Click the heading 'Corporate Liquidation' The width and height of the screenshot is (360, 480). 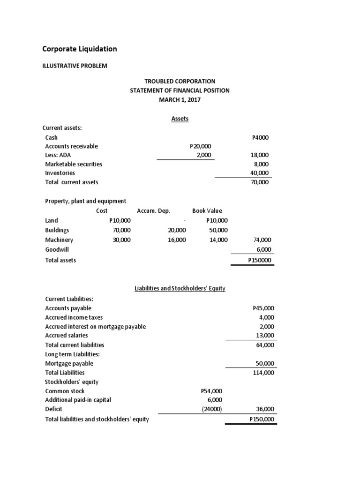(80, 49)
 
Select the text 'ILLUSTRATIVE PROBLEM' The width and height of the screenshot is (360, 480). (75, 66)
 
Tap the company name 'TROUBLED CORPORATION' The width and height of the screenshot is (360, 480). (180, 81)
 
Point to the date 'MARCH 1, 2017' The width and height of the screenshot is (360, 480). (180, 99)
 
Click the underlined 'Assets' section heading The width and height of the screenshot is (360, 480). (180, 119)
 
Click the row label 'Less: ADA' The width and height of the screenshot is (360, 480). (58, 155)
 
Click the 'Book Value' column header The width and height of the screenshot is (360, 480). (207, 211)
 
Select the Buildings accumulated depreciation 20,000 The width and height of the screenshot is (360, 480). (177, 230)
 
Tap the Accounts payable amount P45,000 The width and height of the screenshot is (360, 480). (263, 308)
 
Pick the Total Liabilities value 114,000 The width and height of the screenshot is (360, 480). (263, 372)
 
